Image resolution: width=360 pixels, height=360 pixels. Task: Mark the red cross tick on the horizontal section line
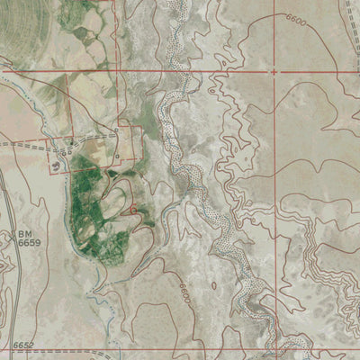273,70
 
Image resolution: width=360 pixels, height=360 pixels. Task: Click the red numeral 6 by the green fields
133,209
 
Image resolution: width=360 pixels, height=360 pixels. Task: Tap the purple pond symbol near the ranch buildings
59,165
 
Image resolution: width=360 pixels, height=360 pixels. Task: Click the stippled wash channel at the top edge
176,7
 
